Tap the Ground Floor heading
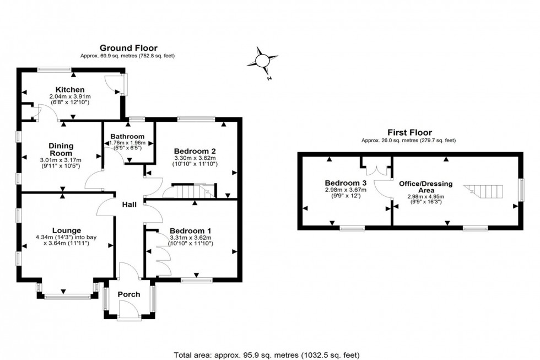click(x=128, y=48)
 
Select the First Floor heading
click(x=408, y=132)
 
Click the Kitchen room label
click(x=70, y=90)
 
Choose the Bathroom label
click(x=127, y=136)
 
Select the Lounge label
click(x=67, y=230)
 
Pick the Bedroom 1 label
click(x=190, y=230)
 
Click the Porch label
click(x=129, y=294)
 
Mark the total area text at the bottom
click(x=267, y=355)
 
